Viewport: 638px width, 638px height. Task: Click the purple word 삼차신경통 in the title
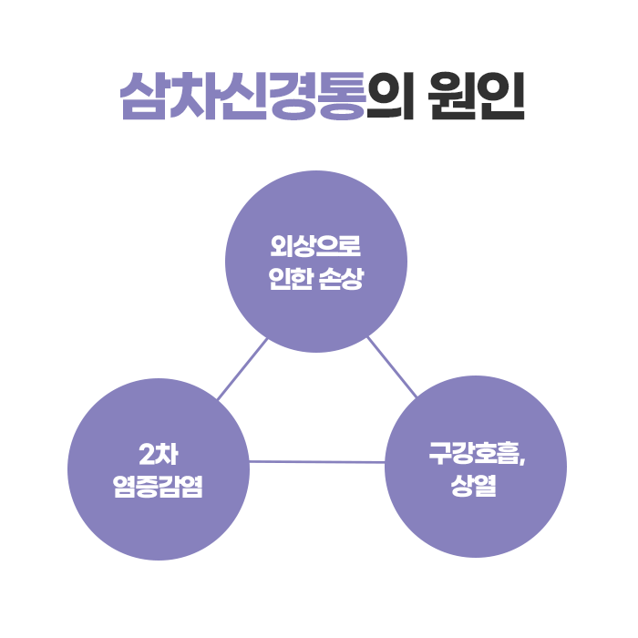coord(242,96)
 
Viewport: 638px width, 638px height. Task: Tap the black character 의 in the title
coord(390,96)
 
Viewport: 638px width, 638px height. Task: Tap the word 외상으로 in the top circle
coord(316,247)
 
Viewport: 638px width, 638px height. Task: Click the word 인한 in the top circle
coord(290,279)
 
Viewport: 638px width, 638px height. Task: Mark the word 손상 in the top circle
coord(344,279)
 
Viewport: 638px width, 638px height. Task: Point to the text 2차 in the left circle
coord(158,453)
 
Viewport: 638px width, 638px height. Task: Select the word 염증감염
coord(159,486)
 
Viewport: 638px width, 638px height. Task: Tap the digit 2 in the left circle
coord(147,453)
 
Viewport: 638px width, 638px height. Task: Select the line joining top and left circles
coord(242,370)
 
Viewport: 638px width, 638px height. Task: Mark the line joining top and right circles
coord(392,367)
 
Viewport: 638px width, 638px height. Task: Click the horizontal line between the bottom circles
coord(317,462)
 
